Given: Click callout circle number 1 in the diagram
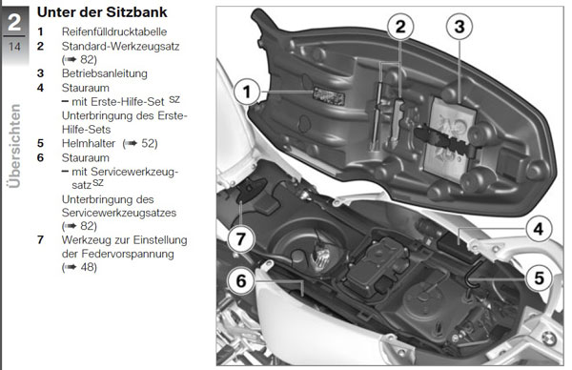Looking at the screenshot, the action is pos(247,92).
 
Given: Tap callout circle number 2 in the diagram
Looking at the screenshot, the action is pos(400,27).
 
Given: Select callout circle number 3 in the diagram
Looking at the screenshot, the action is pos(460,27).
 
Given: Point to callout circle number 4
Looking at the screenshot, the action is pos(539,229).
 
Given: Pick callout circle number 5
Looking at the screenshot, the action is pos(539,278).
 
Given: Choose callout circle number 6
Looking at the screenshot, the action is pos(241,281).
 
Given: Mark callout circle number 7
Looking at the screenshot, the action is pos(241,239).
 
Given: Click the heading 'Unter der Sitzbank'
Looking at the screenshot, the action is pos(102,12).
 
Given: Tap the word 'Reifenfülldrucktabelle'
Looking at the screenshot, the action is pos(114,31).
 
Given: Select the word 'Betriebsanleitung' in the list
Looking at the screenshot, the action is pos(105,73).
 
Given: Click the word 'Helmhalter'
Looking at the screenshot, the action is pos(89,143).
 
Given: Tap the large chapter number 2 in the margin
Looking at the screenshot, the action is pos(14,23).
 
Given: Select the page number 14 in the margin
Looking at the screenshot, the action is pos(14,47).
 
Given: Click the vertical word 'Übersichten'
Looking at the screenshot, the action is pos(14,146).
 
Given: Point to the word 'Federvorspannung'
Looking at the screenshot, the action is pos(128,254).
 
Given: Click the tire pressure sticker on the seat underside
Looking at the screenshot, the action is pos(329,96).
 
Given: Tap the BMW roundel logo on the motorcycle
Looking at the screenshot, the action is pos(549,339).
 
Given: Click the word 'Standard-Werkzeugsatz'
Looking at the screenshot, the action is pos(120,47).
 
